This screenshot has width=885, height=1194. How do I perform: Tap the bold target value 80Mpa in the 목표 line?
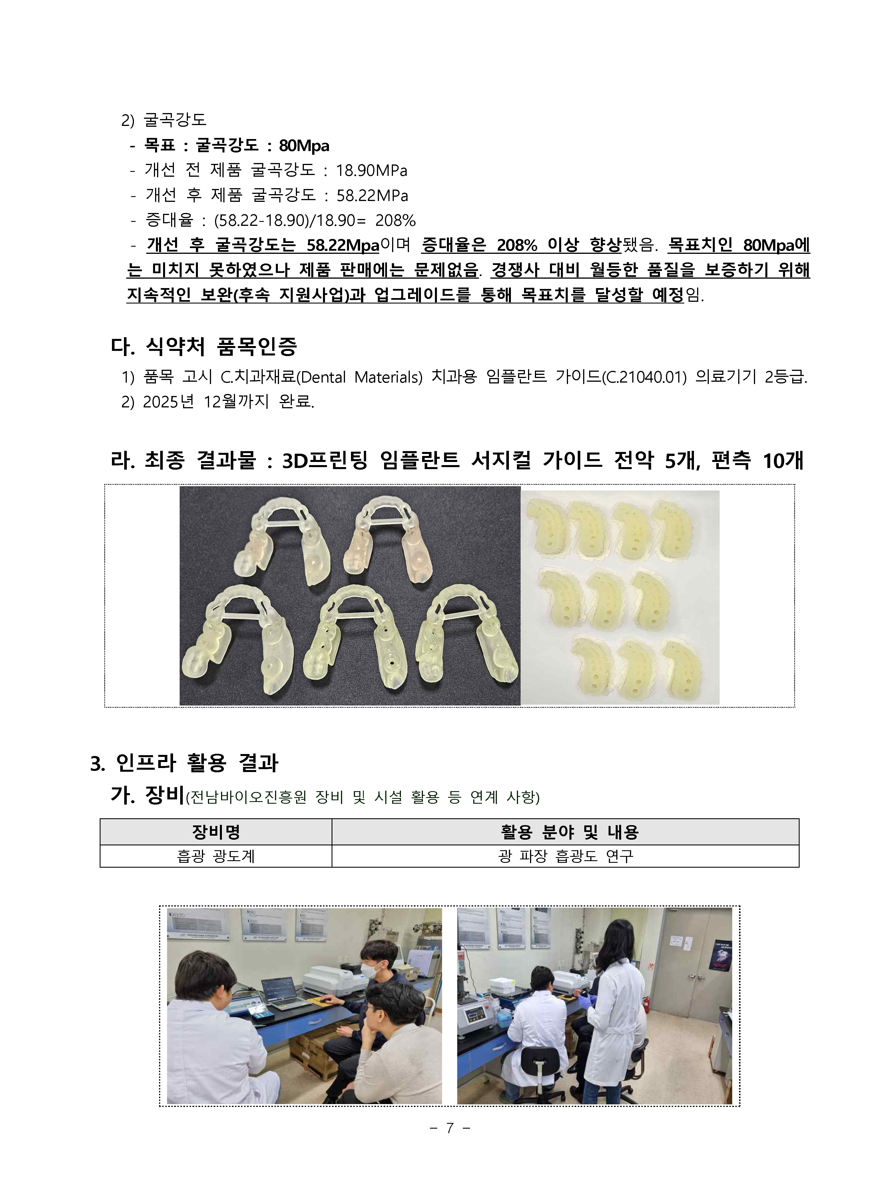click(x=304, y=146)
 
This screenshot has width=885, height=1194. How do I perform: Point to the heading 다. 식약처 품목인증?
click(x=204, y=347)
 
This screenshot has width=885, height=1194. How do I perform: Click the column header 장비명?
click(x=216, y=832)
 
